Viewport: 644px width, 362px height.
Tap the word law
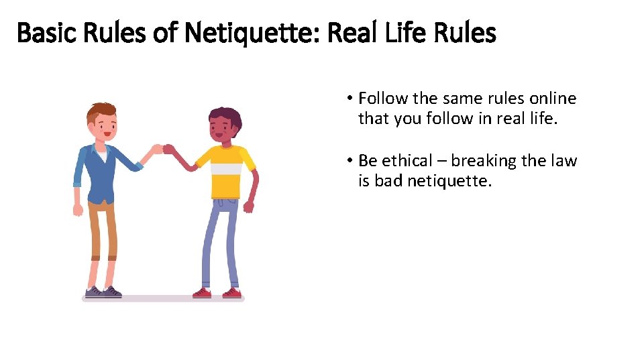click(x=563, y=161)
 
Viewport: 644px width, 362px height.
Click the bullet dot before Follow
click(x=350, y=99)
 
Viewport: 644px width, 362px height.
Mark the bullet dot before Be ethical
click(x=350, y=162)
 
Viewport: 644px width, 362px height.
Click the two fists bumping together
click(x=163, y=149)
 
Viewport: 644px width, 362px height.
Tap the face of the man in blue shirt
click(x=102, y=126)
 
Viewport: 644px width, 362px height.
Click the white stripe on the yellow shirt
click(x=225, y=170)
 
